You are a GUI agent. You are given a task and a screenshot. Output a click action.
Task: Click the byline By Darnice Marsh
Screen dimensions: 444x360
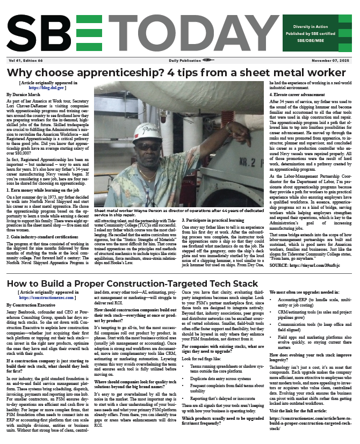(x=24, y=93)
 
